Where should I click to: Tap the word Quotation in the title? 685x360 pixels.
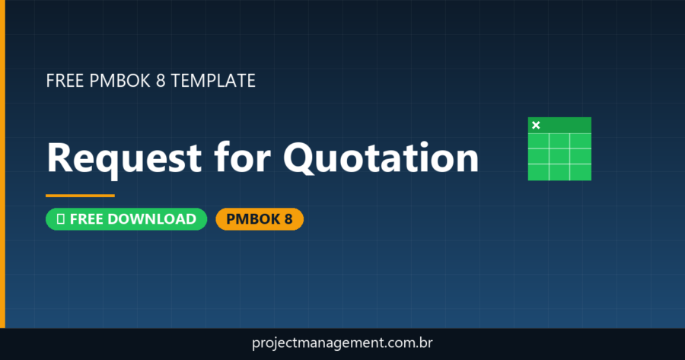point(381,158)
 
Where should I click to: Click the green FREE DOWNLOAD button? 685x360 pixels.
point(126,219)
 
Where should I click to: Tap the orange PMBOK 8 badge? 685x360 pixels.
point(260,219)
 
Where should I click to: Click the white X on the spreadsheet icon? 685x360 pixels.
point(536,125)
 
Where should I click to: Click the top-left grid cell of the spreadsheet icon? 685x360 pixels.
point(538,142)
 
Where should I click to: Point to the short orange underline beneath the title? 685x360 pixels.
point(80,196)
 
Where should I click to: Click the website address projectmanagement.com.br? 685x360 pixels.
point(342,344)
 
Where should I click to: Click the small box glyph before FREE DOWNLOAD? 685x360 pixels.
point(60,219)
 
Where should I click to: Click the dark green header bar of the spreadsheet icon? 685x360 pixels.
point(567,125)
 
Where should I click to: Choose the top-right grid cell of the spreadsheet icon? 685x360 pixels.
point(581,142)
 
